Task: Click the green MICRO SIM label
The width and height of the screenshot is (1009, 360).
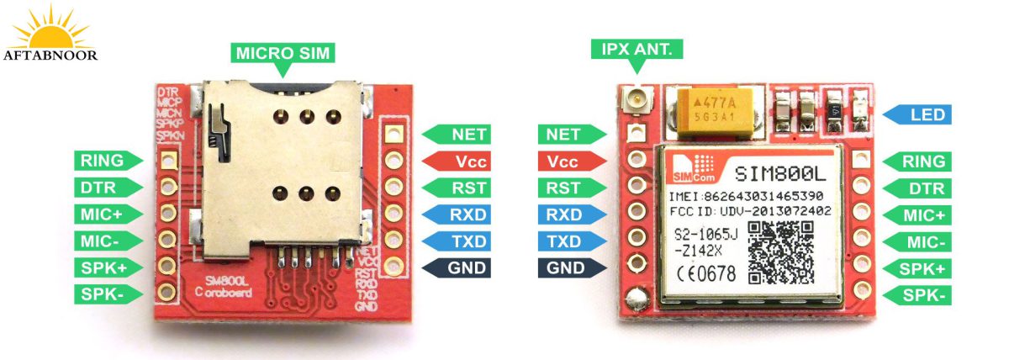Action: pos(283,53)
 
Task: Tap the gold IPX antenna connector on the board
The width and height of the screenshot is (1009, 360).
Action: pos(633,103)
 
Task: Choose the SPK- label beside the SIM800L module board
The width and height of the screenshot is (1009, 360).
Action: pos(922,295)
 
